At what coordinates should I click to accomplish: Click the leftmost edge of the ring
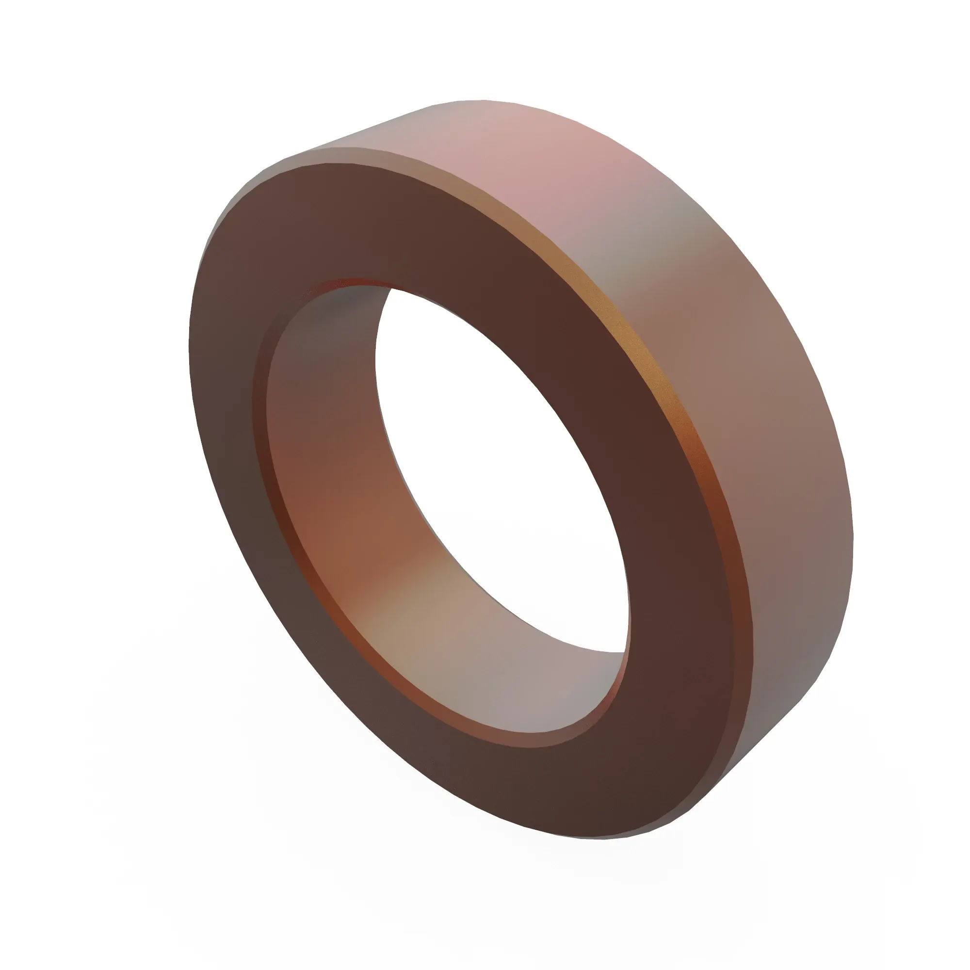tap(190, 326)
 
